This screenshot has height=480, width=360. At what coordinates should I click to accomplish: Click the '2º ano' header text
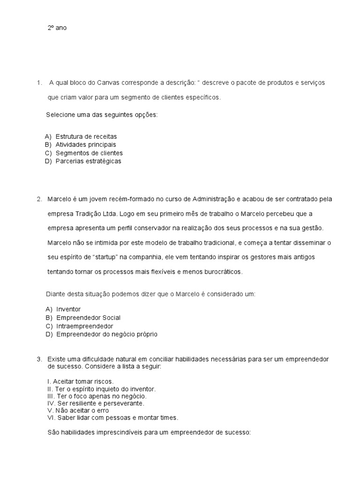[x=57, y=28]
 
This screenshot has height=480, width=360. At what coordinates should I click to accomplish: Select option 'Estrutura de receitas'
[x=86, y=136]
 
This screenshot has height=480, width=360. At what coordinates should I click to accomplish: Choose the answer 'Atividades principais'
[x=85, y=144]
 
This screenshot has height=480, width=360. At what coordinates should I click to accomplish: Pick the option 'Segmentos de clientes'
[x=89, y=153]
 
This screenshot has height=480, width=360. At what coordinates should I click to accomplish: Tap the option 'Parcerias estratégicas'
[x=88, y=161]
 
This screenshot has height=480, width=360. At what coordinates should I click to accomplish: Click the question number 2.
[x=39, y=199]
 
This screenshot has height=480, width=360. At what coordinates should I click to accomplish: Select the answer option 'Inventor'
[x=68, y=309]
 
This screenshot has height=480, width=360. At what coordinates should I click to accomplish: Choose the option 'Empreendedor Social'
[x=89, y=318]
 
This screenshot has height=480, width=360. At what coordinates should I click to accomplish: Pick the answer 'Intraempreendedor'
[x=85, y=326]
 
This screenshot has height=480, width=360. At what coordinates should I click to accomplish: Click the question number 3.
[x=39, y=359]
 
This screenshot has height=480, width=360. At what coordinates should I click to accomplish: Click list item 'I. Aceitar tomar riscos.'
[x=81, y=381]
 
